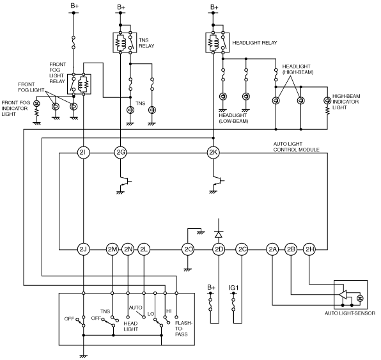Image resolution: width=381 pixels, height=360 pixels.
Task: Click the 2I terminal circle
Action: [x=83, y=153]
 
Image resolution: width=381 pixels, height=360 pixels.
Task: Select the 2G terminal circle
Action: [x=121, y=153]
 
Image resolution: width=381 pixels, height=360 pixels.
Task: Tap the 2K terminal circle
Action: [x=213, y=153]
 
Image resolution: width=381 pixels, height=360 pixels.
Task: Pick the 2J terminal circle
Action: [x=83, y=249]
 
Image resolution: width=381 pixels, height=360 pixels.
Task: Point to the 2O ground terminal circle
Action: [x=188, y=249]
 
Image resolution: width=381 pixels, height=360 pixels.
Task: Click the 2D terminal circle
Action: [x=219, y=249]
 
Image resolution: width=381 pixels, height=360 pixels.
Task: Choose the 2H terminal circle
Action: [x=309, y=249]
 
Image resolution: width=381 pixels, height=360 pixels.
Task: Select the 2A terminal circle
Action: [x=272, y=249]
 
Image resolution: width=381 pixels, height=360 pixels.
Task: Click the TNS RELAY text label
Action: [x=146, y=43]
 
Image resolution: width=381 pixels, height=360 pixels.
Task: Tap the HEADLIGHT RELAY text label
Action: [x=254, y=43]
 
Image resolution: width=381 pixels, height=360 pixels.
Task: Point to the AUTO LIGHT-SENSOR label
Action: [x=350, y=313]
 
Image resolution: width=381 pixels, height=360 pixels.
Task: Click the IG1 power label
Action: [x=233, y=288]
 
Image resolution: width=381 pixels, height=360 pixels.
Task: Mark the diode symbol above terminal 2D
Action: [x=219, y=234]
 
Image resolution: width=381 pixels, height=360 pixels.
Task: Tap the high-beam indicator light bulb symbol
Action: [x=327, y=100]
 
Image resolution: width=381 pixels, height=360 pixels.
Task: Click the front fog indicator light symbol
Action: [x=36, y=104]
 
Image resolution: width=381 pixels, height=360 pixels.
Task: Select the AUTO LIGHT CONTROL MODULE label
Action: [x=296, y=147]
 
